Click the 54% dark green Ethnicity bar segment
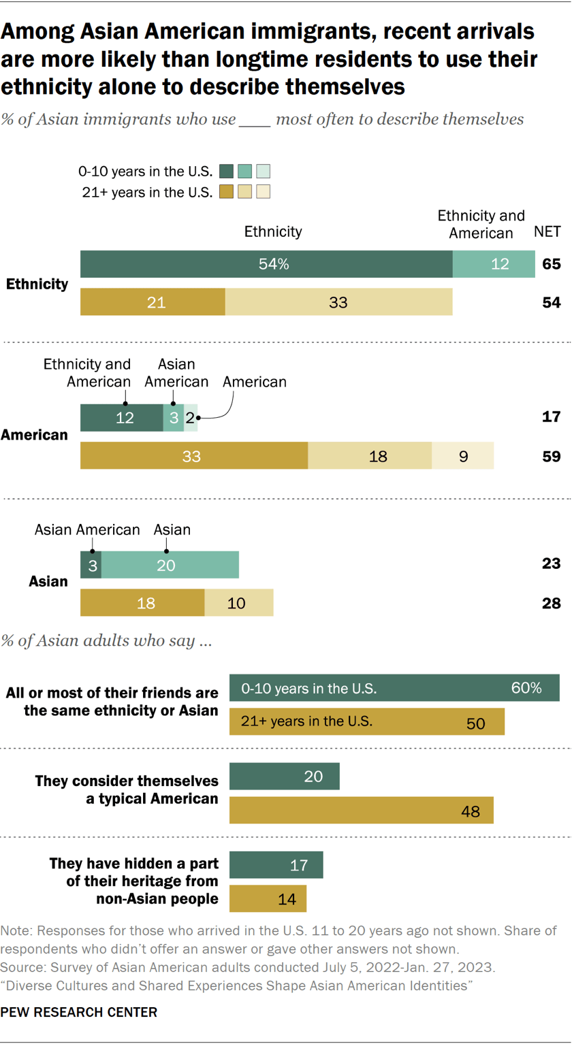(266, 264)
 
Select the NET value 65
(552, 264)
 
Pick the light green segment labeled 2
(191, 418)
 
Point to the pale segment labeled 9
(462, 456)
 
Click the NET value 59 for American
(552, 456)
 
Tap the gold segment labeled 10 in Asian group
(238, 603)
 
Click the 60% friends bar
(394, 688)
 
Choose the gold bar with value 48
(362, 811)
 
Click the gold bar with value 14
(268, 898)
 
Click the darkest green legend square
(227, 171)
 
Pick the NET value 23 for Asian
(552, 564)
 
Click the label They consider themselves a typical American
(127, 789)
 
